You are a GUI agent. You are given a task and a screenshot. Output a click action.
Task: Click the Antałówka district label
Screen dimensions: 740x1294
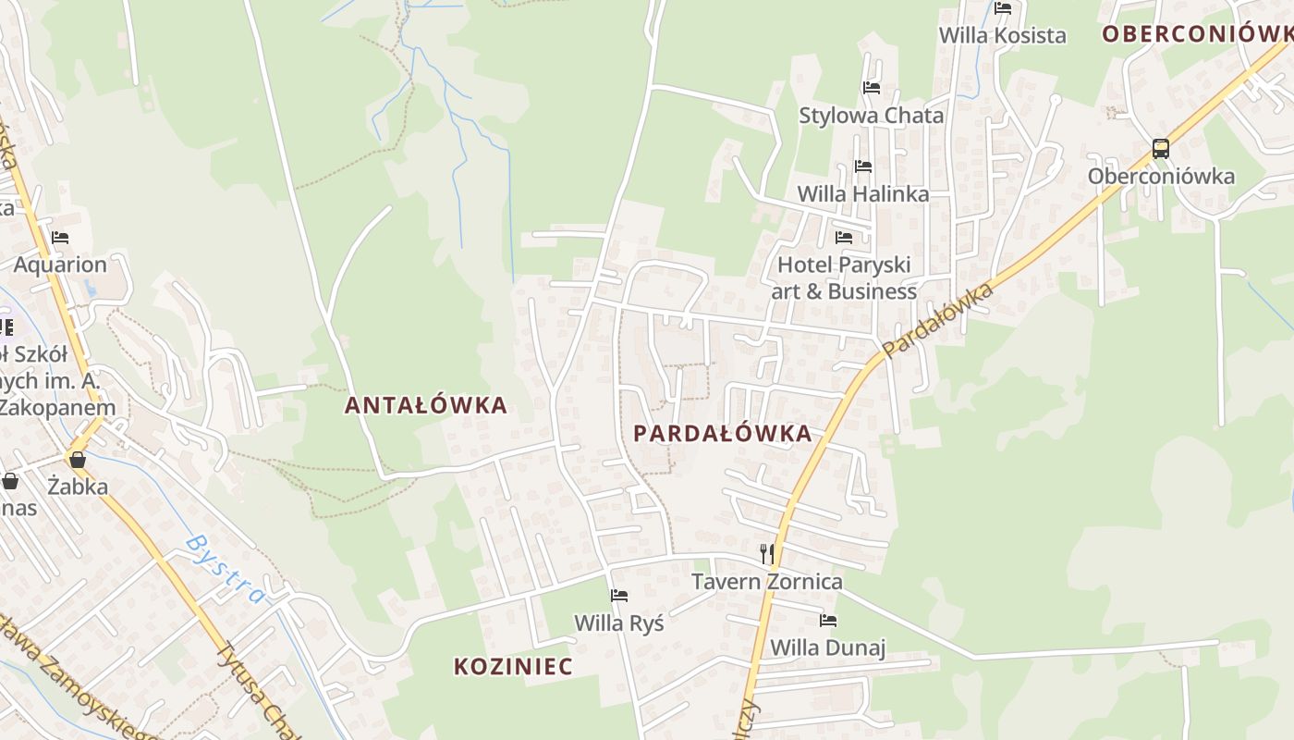click(426, 405)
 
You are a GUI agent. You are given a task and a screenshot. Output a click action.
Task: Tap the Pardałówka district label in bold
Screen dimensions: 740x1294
click(722, 433)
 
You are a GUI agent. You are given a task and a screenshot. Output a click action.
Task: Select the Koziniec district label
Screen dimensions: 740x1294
click(513, 666)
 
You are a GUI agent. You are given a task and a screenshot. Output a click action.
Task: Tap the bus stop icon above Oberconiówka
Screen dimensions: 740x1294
click(1160, 148)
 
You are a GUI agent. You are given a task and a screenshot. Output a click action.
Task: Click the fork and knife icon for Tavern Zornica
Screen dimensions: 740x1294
click(766, 553)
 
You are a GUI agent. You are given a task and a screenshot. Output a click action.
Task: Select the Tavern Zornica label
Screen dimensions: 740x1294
click(767, 582)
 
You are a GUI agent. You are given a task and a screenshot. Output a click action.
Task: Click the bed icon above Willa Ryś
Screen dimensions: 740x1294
click(619, 595)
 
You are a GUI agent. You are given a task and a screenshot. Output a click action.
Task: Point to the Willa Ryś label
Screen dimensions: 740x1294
click(619, 623)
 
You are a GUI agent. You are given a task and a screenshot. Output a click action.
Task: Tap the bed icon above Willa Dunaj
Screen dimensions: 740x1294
click(828, 620)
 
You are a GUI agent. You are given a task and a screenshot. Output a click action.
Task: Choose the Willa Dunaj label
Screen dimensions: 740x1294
click(828, 647)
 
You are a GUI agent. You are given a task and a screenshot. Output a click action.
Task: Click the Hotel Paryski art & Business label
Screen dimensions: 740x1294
click(844, 277)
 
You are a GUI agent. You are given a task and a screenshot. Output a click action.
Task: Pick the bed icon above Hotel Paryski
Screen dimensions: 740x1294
click(844, 237)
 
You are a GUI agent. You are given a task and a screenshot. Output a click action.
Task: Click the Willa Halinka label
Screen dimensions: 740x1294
click(863, 194)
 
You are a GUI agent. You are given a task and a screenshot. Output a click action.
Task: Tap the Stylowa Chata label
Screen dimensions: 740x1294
click(872, 116)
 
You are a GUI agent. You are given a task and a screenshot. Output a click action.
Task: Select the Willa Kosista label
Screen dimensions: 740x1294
click(1003, 35)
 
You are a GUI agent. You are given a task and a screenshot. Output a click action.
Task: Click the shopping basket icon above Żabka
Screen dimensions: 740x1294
click(78, 459)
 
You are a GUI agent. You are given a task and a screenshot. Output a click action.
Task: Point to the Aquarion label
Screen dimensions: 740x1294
click(60, 265)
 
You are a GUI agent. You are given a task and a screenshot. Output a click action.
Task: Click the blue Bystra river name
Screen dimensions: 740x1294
click(226, 568)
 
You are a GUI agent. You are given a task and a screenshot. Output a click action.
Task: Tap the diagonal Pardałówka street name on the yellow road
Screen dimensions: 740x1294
click(937, 321)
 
